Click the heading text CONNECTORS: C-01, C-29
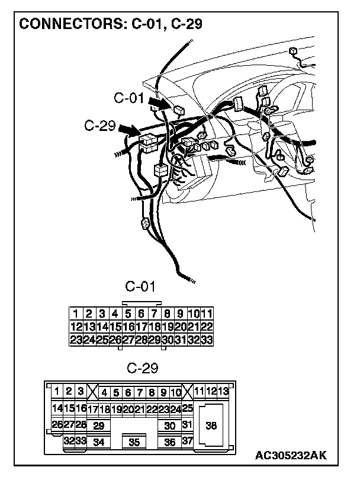pos(110,25)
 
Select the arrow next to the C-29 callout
pos(128,130)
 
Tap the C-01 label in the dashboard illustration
pos(129,98)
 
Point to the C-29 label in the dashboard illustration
pos(99,126)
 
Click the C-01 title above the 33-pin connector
pos(140,287)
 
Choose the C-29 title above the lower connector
pos(143,368)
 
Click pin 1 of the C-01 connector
pos(76,313)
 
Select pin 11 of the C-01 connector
pos(207,313)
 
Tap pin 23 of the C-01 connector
pos(76,340)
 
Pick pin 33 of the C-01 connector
pos(207,340)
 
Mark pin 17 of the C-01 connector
pos(142,327)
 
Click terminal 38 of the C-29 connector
pos(210,425)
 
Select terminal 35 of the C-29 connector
pos(134,441)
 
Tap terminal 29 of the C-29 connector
pos(98,425)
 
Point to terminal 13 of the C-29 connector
pos(223,391)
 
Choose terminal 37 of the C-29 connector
pos(188,441)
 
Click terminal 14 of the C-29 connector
pos(57,408)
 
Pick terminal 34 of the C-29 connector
pos(99,441)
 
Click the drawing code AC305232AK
pos(291,455)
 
